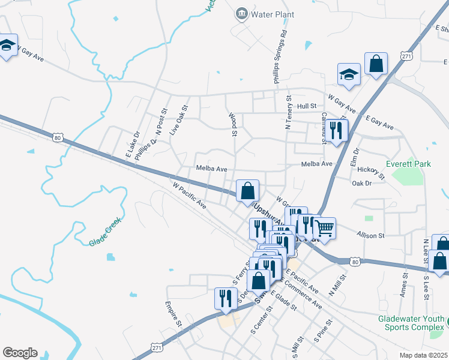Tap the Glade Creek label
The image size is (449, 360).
click(x=106, y=232)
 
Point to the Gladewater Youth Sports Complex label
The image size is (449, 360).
click(x=412, y=323)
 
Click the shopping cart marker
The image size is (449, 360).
click(x=324, y=228)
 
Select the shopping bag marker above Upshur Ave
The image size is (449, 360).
click(x=247, y=191)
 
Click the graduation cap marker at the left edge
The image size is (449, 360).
click(x=7, y=46)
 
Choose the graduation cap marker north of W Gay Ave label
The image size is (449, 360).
click(x=349, y=74)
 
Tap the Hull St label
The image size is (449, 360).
click(x=306, y=106)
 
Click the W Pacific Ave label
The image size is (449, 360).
click(x=189, y=196)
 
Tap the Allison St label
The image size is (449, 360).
click(x=370, y=236)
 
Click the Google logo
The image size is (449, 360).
click(x=20, y=353)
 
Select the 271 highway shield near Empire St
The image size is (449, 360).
click(x=157, y=347)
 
